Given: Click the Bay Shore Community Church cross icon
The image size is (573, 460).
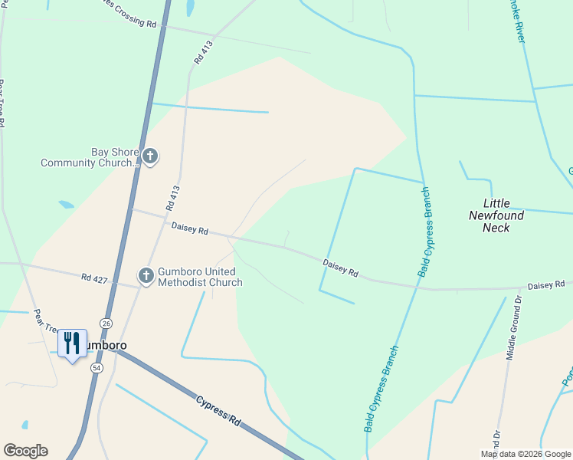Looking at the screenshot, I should coord(150,157).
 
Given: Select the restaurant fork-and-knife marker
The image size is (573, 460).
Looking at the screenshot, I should coord(72,343).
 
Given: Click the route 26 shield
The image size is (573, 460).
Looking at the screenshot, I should coord(106,324).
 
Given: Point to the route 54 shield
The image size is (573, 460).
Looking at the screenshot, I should coord(97,368).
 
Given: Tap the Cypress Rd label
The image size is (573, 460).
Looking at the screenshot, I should coord(218,412).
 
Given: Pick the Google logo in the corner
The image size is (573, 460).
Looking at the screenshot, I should coord(25,451).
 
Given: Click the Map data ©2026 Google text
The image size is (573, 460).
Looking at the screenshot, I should coord(526,454).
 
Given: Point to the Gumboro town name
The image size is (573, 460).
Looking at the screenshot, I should coord(105,346).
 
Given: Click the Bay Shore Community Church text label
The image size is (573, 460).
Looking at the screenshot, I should coord(90,157).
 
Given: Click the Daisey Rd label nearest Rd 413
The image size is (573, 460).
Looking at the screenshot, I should coord(190,228).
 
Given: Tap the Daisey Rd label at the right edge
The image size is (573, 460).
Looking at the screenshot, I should coord(546,285).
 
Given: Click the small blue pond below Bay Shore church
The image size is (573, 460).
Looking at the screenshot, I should coord(66,205).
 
